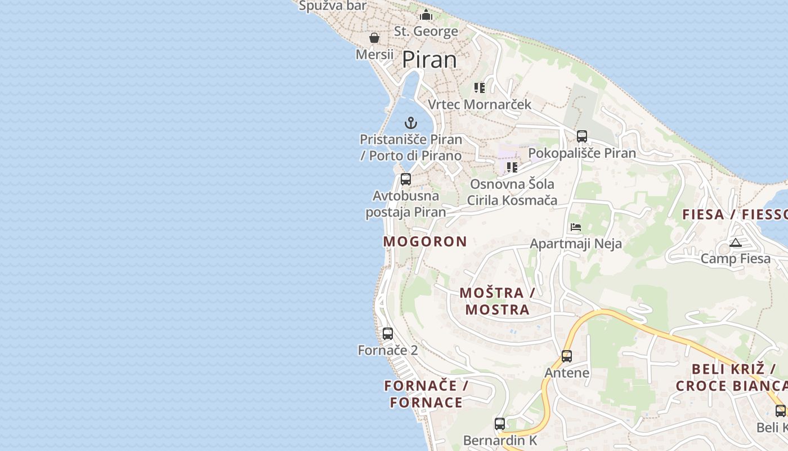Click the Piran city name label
[x=429, y=60]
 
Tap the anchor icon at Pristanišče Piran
[x=411, y=122]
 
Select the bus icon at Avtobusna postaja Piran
[x=405, y=179]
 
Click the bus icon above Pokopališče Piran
[x=581, y=136]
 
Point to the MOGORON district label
[x=425, y=242]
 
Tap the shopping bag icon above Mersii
[x=374, y=38]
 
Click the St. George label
[x=426, y=32]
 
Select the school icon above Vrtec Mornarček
[x=479, y=87]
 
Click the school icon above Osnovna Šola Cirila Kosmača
[x=512, y=167]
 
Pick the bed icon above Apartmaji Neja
[x=575, y=227]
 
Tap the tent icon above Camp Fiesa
[x=735, y=243]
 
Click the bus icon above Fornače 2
[x=387, y=333]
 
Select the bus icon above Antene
[x=566, y=356]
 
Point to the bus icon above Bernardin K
[x=499, y=423]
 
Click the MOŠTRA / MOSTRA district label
[x=497, y=301]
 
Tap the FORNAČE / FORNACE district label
[x=426, y=394]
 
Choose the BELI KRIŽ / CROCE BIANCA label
[x=732, y=378]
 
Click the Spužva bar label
[x=333, y=6]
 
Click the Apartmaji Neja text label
[x=576, y=244]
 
